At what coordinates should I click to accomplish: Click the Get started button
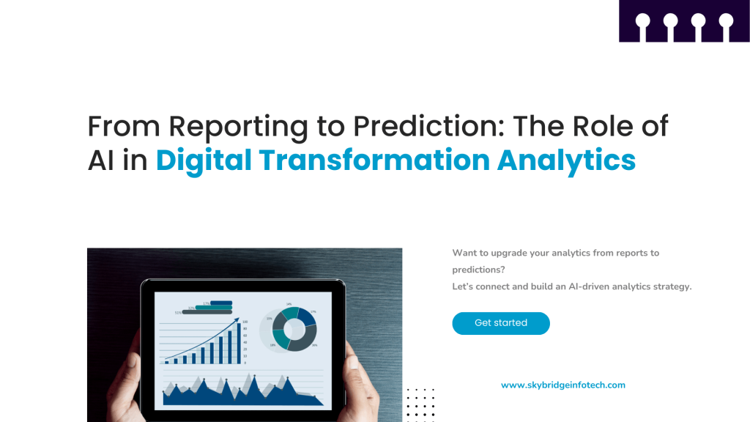(x=501, y=323)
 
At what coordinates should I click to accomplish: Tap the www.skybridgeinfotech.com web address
(x=562, y=385)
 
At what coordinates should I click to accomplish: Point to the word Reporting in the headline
(x=239, y=127)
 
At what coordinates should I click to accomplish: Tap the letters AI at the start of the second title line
(x=101, y=160)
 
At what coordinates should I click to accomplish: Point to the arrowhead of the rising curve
(x=236, y=320)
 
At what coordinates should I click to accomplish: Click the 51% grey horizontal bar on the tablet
(x=207, y=312)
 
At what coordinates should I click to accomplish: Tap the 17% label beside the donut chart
(x=313, y=312)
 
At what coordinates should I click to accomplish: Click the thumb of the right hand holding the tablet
(x=351, y=363)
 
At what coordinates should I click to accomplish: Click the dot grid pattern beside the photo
(x=420, y=404)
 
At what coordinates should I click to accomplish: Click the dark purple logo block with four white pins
(x=684, y=21)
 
